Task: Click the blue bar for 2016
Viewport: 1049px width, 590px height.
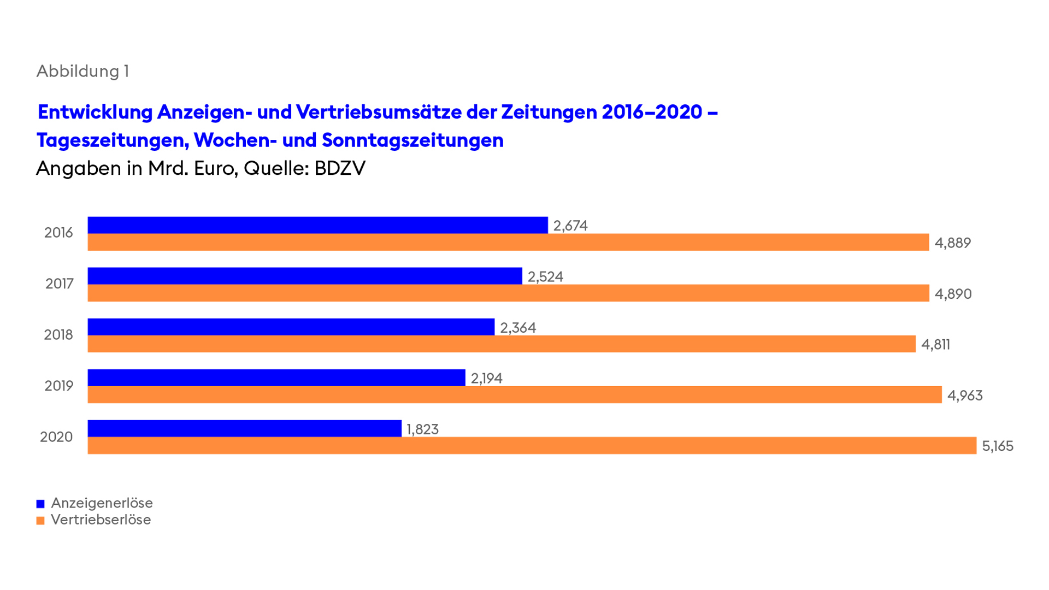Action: coord(317,225)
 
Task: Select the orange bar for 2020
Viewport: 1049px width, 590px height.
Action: coord(531,446)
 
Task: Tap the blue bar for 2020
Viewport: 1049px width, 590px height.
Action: coord(244,428)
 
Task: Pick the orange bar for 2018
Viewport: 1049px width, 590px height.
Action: coord(501,344)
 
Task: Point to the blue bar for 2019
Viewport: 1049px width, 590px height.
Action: coord(276,377)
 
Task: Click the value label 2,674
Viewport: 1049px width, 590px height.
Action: coord(570,226)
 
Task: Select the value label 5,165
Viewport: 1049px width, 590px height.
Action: coord(997,446)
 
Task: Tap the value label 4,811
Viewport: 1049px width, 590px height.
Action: coord(935,345)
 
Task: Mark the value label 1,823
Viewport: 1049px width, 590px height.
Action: coord(422,429)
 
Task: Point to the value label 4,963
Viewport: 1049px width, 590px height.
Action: coord(964,396)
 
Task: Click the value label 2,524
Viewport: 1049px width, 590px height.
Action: coord(545,277)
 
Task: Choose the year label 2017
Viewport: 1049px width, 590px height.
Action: coord(59,284)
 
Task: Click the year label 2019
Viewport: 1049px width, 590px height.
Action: coord(58,386)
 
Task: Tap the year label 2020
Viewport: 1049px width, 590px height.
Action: coord(56,437)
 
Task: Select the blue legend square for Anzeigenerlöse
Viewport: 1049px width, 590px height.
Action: coord(40,504)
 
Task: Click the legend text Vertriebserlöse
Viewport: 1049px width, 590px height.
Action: coord(101,520)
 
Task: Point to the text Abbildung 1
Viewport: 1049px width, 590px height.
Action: coord(82,71)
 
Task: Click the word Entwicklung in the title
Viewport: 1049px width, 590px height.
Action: coord(95,112)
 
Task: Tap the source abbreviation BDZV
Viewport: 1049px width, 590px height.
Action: coord(339,168)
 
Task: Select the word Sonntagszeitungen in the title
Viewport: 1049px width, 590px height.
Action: coord(412,140)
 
